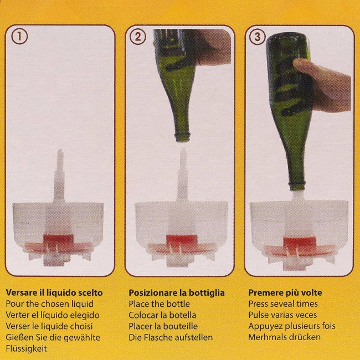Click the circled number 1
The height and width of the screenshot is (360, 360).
click(x=19, y=37)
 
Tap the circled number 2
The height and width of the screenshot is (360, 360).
click(x=138, y=37)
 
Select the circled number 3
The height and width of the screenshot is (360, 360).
click(x=258, y=37)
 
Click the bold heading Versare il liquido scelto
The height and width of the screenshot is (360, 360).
click(x=54, y=293)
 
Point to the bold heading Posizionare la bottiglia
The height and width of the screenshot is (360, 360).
click(x=177, y=293)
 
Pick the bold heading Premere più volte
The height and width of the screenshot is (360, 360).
click(x=285, y=293)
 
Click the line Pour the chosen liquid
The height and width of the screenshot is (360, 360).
click(x=50, y=304)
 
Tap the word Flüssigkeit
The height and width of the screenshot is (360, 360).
click(x=26, y=348)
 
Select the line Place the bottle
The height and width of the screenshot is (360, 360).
click(x=159, y=304)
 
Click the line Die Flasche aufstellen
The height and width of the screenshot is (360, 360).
click(x=171, y=337)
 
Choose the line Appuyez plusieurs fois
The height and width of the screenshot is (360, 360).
click(x=292, y=326)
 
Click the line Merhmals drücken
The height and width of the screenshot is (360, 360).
click(x=285, y=337)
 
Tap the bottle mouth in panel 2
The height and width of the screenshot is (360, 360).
click(x=183, y=137)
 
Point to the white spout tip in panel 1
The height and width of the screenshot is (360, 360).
click(x=60, y=152)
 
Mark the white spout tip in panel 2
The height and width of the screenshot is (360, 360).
click(x=183, y=151)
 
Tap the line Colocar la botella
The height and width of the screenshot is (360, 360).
click(x=162, y=315)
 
